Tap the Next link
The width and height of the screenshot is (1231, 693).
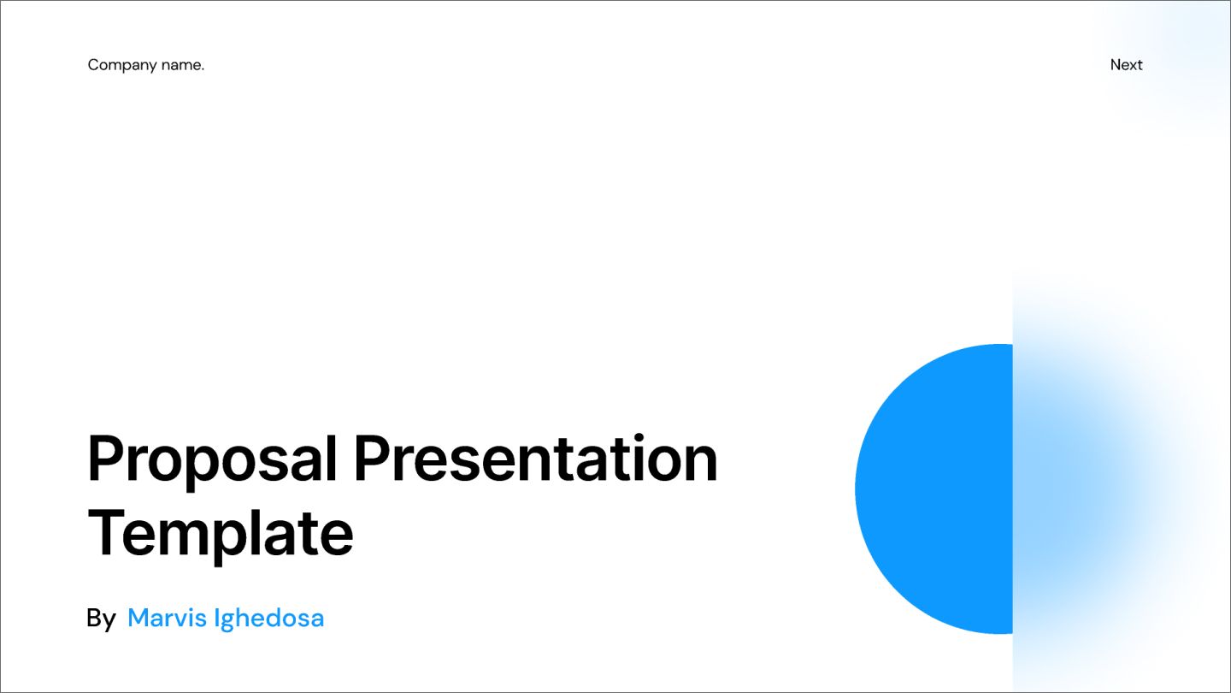[x=1126, y=65]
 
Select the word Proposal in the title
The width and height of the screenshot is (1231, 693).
[x=213, y=460]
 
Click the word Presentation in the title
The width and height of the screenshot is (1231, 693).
[x=535, y=459]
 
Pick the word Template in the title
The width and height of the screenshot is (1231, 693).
[x=221, y=534]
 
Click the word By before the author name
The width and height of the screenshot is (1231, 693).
[x=101, y=619]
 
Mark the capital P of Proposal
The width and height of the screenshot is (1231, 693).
[x=104, y=459]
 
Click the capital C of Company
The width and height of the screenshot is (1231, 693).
[x=92, y=65]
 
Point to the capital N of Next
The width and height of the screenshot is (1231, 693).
[x=1116, y=65]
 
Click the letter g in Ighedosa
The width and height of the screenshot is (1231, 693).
[x=227, y=620]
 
